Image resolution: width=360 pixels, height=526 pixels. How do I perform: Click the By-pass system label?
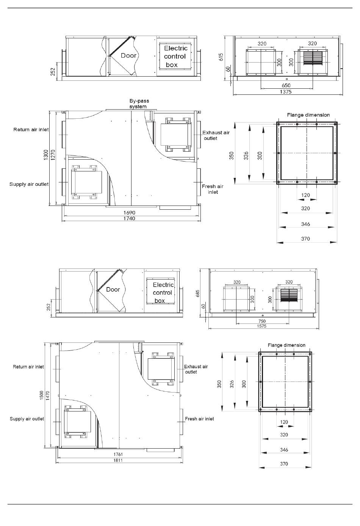139,104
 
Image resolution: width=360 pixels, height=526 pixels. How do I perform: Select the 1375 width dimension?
286,92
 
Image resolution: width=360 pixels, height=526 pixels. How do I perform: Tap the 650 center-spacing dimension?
286,85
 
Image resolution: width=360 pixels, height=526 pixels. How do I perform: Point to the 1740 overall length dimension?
129,218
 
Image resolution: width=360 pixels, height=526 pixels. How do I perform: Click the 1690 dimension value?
129,213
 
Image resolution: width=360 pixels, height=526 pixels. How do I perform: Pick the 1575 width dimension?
261,326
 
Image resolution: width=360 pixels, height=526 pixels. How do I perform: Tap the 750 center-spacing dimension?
262,321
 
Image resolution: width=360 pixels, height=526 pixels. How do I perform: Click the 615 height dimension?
221,57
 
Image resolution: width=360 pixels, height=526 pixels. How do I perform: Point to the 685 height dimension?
197,294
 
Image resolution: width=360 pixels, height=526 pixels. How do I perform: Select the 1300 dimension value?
46,155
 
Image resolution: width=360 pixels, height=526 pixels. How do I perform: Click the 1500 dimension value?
42,395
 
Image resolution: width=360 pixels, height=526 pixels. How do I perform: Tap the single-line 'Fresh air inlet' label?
199,419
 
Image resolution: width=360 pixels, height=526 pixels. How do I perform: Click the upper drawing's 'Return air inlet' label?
31,130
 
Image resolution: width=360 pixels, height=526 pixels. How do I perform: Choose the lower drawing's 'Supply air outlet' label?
27,419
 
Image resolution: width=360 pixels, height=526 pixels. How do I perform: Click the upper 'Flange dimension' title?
308,115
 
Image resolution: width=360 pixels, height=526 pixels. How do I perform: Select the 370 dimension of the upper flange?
305,239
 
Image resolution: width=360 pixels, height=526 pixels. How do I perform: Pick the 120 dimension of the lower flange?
284,422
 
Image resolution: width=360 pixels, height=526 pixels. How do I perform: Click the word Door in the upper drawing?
128,56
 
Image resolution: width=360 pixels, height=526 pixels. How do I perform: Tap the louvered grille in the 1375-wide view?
313,58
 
